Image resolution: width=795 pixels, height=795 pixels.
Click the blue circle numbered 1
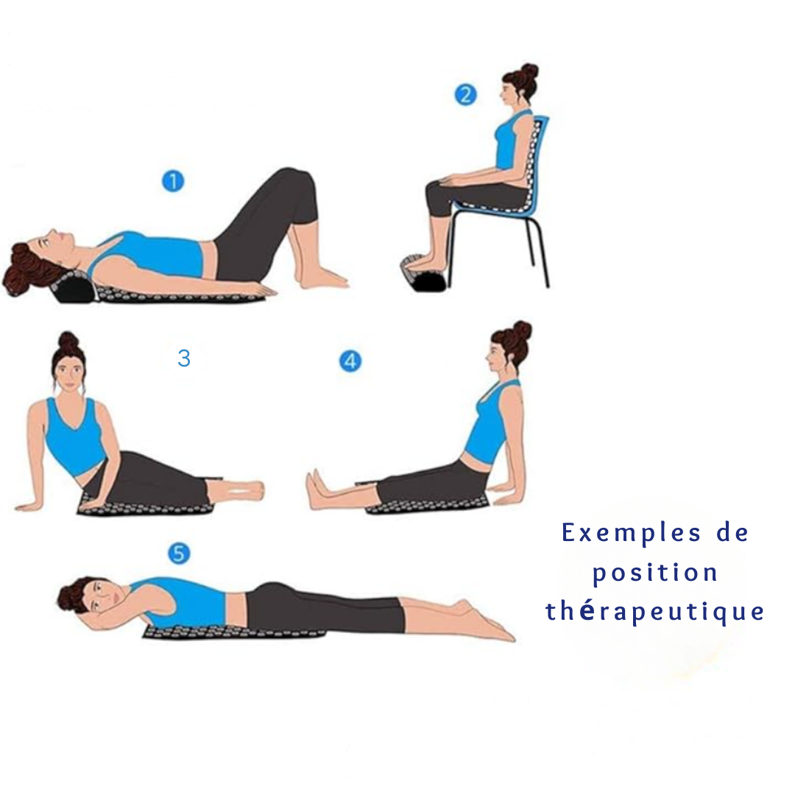click(173, 181)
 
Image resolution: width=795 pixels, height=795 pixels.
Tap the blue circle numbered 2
click(465, 95)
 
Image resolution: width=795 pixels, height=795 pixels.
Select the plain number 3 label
click(184, 358)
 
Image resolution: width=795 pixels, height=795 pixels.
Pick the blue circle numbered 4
click(350, 361)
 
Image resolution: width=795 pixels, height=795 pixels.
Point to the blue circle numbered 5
click(179, 553)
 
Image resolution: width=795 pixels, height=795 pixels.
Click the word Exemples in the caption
click(632, 534)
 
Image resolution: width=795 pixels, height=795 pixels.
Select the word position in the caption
click(654, 573)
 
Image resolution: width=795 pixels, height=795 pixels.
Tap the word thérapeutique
click(654, 612)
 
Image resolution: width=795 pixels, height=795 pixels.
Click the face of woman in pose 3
click(69, 372)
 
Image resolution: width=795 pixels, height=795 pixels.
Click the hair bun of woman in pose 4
click(521, 331)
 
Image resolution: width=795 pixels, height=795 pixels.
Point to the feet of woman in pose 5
click(484, 621)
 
